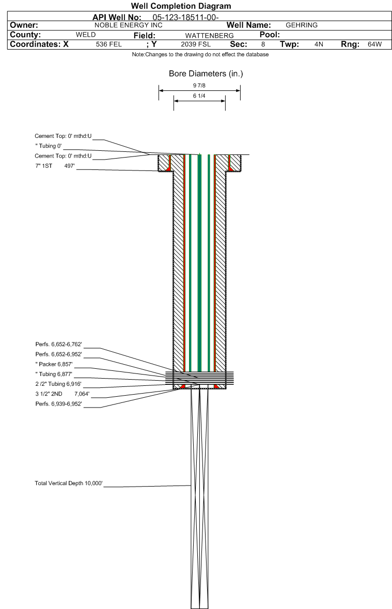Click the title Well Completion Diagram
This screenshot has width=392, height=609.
coord(181,6)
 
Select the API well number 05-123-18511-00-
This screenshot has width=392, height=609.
coord(186,18)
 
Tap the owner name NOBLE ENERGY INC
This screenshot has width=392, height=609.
coord(128,25)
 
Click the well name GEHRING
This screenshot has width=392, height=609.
coord(302,25)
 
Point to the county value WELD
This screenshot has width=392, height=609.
coord(86,35)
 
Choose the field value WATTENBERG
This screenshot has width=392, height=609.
coord(209,36)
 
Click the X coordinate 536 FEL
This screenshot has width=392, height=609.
coord(109,44)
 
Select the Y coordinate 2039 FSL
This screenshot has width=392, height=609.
coord(196,44)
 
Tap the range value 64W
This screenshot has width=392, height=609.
coord(374,44)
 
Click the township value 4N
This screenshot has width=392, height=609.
coord(319,44)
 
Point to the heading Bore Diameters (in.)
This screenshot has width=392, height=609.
coord(206,74)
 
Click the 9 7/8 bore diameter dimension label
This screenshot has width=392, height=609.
coord(199,85)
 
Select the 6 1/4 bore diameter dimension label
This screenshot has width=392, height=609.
coord(199,96)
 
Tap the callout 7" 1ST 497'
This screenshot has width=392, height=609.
coord(55,166)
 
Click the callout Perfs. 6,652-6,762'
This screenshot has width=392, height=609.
coord(59,345)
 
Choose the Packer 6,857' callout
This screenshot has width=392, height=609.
coord(54,364)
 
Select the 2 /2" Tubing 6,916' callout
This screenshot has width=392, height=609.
coord(58,384)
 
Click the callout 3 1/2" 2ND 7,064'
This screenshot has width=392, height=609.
coord(62,394)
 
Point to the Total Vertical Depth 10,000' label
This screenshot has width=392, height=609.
coord(69,483)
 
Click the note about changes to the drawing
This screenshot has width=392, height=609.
coord(200,54)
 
